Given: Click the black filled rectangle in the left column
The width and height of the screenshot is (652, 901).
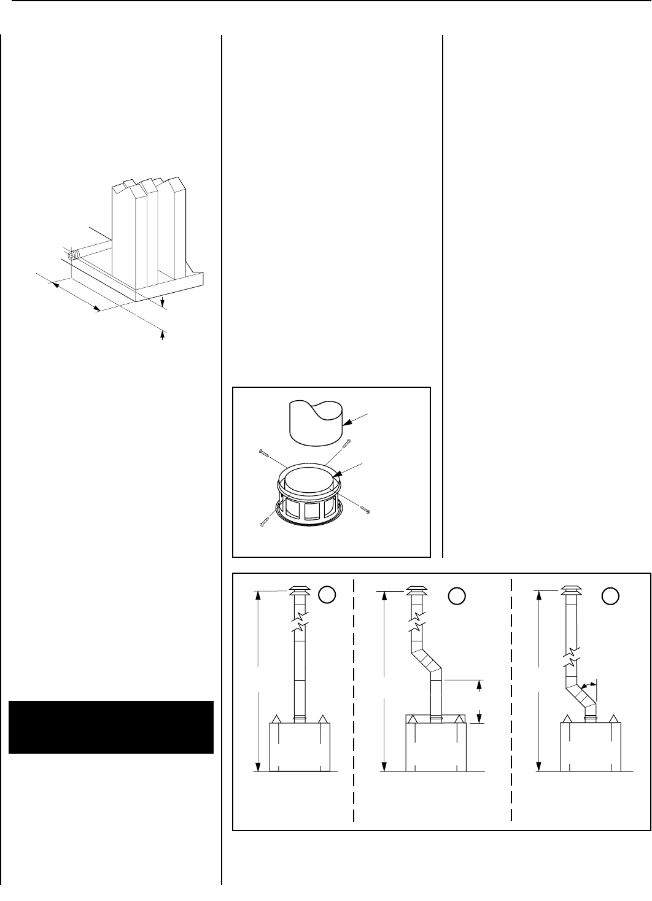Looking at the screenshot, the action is (x=111, y=727).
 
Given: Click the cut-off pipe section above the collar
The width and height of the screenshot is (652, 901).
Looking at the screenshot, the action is (x=314, y=422).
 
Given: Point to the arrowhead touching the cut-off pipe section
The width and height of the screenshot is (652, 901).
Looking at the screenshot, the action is (x=346, y=422).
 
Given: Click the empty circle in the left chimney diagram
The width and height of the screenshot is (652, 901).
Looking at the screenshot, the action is (x=328, y=594).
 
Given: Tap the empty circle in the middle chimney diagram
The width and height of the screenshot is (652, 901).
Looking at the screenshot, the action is (x=456, y=594).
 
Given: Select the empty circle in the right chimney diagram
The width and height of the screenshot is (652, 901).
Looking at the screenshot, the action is (x=610, y=594).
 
